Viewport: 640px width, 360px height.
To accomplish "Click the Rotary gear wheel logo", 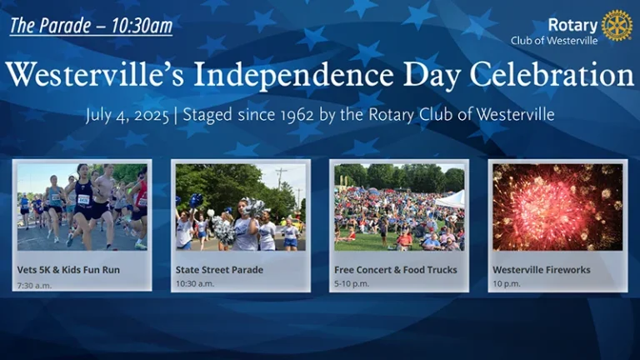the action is pos(617,25).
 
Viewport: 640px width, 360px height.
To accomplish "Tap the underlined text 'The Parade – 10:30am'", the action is pos(91,26).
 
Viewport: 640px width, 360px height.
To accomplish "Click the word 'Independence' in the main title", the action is pos(293,76).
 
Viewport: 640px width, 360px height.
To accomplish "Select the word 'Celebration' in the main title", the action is pos(552,75).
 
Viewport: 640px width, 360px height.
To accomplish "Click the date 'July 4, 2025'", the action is pos(127,116).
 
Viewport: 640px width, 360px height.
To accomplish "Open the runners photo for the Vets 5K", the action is pos(82,207).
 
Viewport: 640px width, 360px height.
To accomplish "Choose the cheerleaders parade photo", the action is pos(240,207).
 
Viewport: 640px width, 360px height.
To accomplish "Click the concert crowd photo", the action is pos(399,207).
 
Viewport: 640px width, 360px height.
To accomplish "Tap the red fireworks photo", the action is pos(557,207).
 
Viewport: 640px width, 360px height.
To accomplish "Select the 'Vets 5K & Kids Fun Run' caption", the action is pos(68,270).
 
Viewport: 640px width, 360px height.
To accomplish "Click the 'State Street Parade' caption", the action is pos(220,270).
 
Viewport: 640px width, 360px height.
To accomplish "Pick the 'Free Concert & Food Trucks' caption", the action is pos(396,270).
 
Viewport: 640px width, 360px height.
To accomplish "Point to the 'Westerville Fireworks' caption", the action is pos(542,270).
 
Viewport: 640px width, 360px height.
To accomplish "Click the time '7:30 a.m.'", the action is pos(34,286).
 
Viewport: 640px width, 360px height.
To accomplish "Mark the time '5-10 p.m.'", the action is pos(352,283).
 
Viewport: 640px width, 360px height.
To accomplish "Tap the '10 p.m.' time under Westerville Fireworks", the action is pos(507,283).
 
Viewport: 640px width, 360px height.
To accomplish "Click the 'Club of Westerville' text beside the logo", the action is pos(554,41).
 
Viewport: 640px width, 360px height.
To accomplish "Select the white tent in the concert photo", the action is pos(452,200).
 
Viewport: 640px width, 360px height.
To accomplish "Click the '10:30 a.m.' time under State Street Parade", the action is pos(195,283).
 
